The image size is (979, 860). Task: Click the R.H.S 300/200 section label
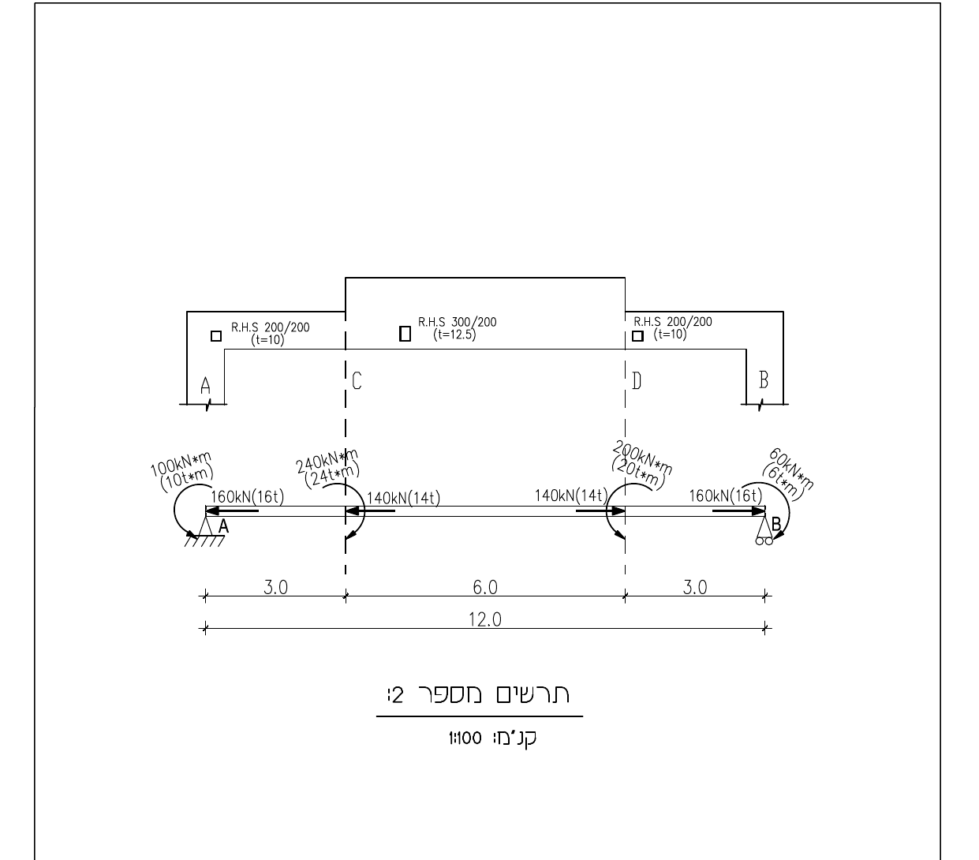[x=457, y=322]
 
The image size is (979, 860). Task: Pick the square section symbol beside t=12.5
[x=405, y=334]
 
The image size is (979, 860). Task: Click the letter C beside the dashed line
[x=357, y=381]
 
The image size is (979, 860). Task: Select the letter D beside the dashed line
[x=637, y=381]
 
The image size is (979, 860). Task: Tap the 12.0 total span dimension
[x=485, y=619]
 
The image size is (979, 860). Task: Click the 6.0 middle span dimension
[x=485, y=587]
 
